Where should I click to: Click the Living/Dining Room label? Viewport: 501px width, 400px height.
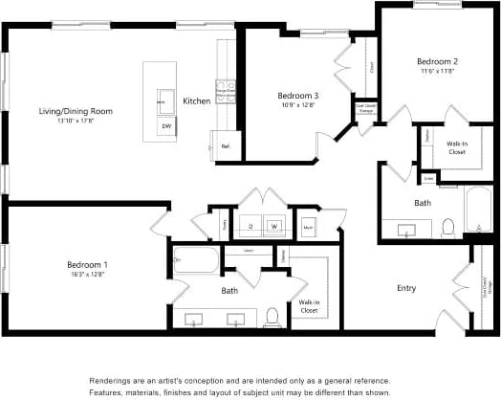click(76, 111)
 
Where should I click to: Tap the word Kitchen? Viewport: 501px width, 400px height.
click(197, 100)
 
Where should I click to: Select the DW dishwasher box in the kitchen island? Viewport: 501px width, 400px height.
click(166, 125)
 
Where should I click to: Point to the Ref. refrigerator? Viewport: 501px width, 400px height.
click(226, 146)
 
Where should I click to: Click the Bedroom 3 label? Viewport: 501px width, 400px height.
click(297, 95)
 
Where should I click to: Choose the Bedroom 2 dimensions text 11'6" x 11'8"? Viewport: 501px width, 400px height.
click(435, 71)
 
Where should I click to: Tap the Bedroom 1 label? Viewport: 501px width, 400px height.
click(87, 264)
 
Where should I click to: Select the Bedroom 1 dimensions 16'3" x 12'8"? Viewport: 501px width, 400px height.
click(87, 275)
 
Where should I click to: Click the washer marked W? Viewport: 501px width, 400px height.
click(274, 226)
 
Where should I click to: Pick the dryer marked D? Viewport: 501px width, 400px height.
click(250, 226)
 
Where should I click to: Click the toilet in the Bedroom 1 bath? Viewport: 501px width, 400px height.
click(272, 316)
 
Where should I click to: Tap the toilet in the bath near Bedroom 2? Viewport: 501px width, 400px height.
click(447, 228)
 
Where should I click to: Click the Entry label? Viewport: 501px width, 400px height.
click(406, 287)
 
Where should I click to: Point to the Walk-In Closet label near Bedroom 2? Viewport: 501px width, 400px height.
click(456, 147)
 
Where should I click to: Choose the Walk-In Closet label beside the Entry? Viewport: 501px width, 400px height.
click(309, 306)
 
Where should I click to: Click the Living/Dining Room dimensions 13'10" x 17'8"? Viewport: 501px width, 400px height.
click(76, 122)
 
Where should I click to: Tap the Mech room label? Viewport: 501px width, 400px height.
click(309, 227)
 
